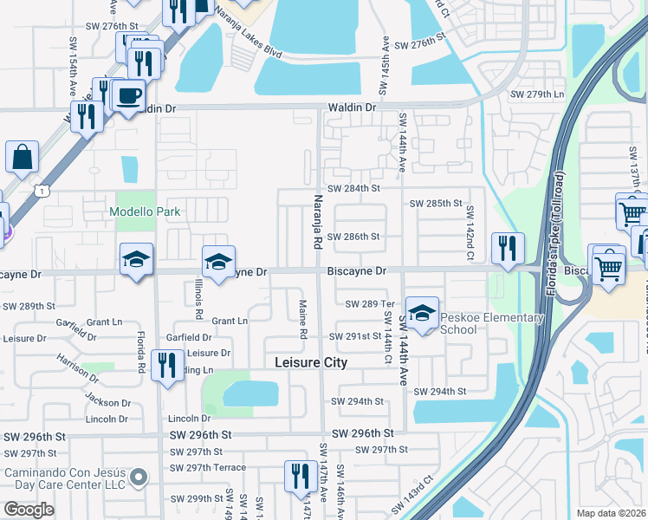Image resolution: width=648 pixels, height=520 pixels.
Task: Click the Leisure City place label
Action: [311, 363]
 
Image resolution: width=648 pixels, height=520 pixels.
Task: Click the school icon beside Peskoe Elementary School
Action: [422, 313]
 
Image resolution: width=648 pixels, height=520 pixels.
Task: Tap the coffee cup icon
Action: [127, 95]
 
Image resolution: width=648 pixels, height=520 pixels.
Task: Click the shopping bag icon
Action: [22, 157]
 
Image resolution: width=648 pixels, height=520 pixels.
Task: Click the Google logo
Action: [29, 510]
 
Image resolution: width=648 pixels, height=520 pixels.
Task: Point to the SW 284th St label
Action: [353, 188]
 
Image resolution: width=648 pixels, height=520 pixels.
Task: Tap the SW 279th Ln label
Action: [537, 94]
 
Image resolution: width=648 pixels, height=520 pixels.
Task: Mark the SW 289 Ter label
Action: [370, 304]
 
